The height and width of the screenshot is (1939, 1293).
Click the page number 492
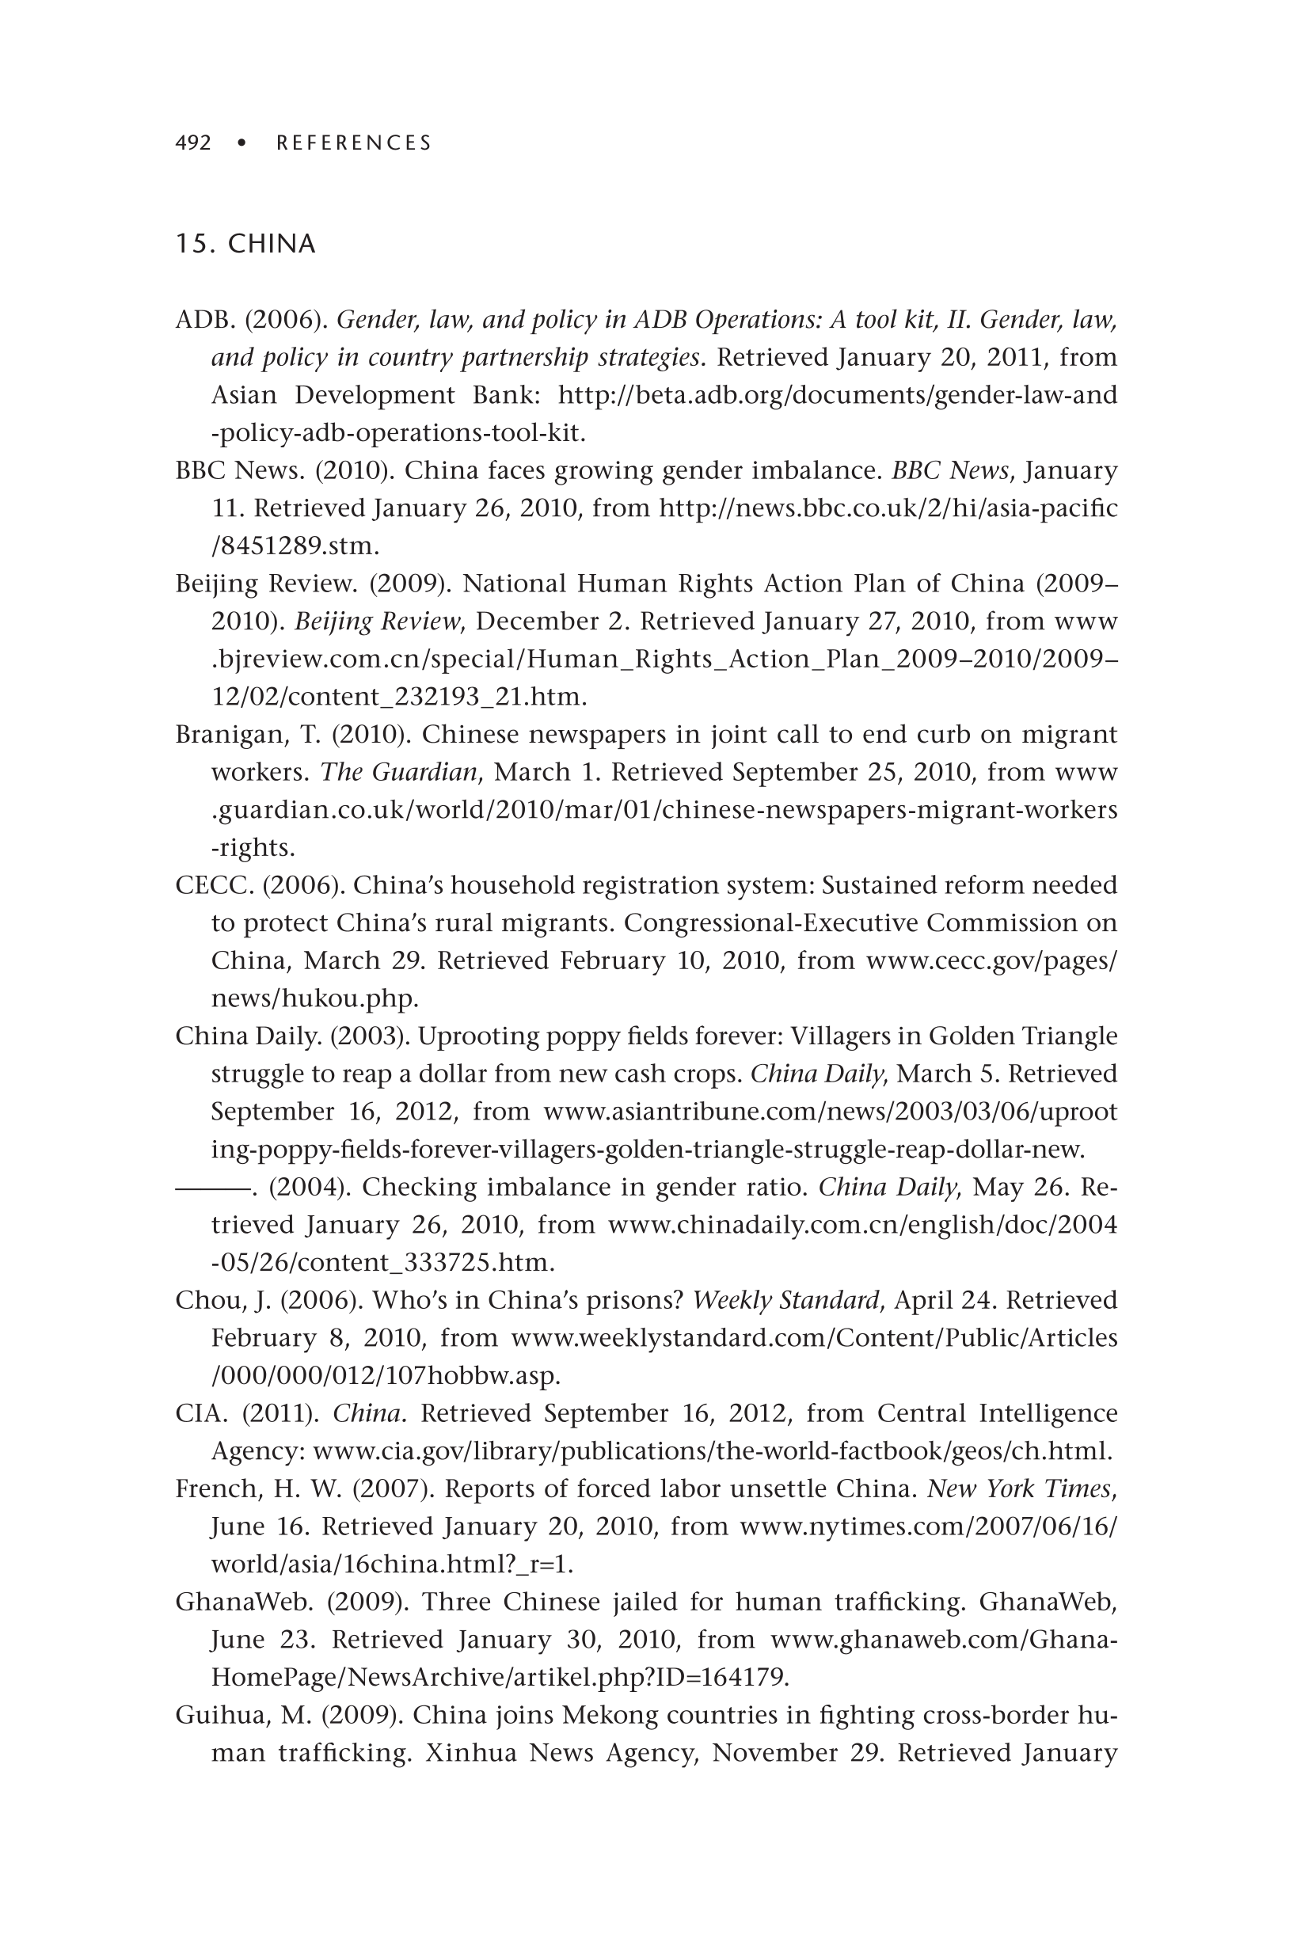[x=193, y=143]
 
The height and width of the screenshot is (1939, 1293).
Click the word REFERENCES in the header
[x=354, y=143]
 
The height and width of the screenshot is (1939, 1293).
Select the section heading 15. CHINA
[x=245, y=244]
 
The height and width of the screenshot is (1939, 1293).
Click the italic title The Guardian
[x=399, y=773]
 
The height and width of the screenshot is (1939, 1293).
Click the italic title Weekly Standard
[x=786, y=1301]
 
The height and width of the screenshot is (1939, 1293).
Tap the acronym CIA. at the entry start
[x=201, y=1414]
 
